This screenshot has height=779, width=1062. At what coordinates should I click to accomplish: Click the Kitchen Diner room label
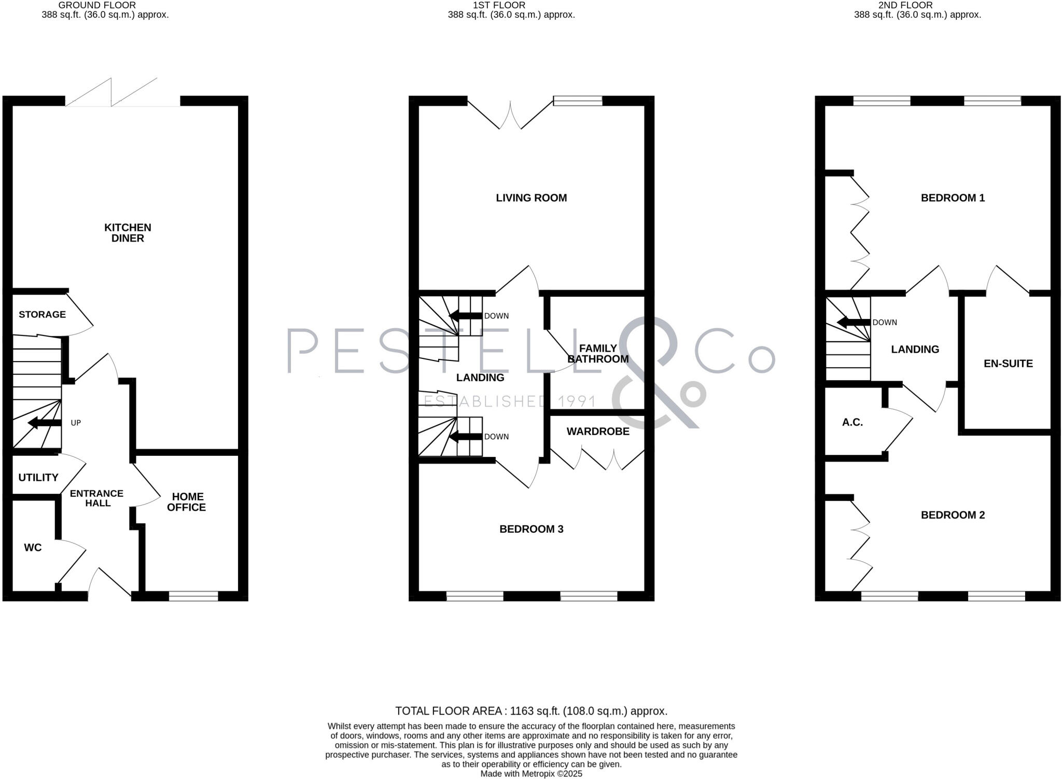tap(128, 233)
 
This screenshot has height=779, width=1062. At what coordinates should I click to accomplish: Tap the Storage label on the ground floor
tap(42, 314)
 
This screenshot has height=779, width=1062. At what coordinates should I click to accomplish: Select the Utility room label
tap(38, 477)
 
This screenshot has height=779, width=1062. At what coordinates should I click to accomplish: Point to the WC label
tap(33, 547)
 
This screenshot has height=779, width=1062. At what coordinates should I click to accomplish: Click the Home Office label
tap(187, 502)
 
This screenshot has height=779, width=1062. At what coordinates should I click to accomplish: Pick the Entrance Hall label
tap(97, 498)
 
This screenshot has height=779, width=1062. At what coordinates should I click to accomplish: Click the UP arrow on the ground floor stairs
tap(45, 423)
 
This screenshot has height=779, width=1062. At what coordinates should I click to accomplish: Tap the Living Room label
tap(531, 198)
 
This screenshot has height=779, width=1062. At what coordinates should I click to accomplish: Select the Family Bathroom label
tap(598, 353)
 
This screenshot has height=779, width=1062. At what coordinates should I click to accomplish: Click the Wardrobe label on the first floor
tap(598, 431)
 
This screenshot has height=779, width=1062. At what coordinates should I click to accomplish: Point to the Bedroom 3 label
tap(531, 529)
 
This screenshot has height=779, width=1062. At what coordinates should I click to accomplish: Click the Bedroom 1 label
tap(953, 198)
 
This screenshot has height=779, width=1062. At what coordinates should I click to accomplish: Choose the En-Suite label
tap(1008, 364)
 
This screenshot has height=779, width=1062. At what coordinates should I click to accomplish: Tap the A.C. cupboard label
tap(853, 422)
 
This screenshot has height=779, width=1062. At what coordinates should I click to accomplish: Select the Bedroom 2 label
tap(953, 515)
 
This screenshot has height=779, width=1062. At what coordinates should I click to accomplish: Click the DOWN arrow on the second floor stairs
tap(854, 323)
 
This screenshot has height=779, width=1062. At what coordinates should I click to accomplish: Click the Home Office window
tap(193, 596)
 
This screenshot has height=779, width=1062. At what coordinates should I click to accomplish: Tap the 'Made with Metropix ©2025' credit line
tap(531, 774)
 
